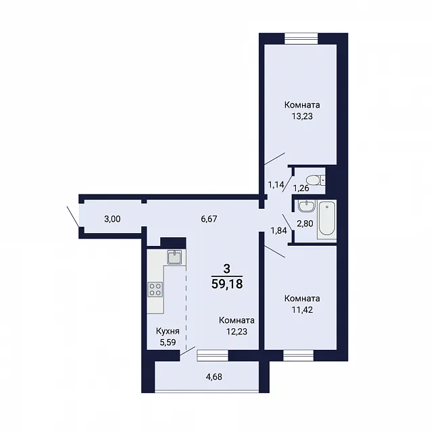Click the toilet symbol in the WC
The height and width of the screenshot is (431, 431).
(316, 180)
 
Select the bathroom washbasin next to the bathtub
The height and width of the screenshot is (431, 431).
(307, 206)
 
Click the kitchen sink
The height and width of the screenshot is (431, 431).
(174, 257)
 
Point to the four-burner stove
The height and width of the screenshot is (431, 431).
(155, 289)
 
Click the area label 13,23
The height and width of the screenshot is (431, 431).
(302, 116)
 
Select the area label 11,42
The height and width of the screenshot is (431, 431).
(302, 310)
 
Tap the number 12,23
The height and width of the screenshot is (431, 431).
(236, 332)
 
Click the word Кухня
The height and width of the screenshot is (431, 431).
(168, 331)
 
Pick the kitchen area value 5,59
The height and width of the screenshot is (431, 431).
(168, 343)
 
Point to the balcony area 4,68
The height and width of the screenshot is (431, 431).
(214, 376)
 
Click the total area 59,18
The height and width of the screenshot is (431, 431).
(227, 284)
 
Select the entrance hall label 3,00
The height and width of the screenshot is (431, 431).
(112, 219)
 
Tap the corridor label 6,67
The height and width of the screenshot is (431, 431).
(209, 219)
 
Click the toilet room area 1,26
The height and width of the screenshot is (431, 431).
(301, 188)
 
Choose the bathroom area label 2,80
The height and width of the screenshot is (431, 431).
(305, 224)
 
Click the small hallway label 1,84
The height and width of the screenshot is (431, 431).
(279, 230)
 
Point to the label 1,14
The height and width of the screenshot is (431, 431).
(276, 184)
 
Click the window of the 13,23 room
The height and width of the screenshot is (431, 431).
(301, 39)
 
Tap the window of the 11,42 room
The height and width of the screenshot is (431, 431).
(299, 355)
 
